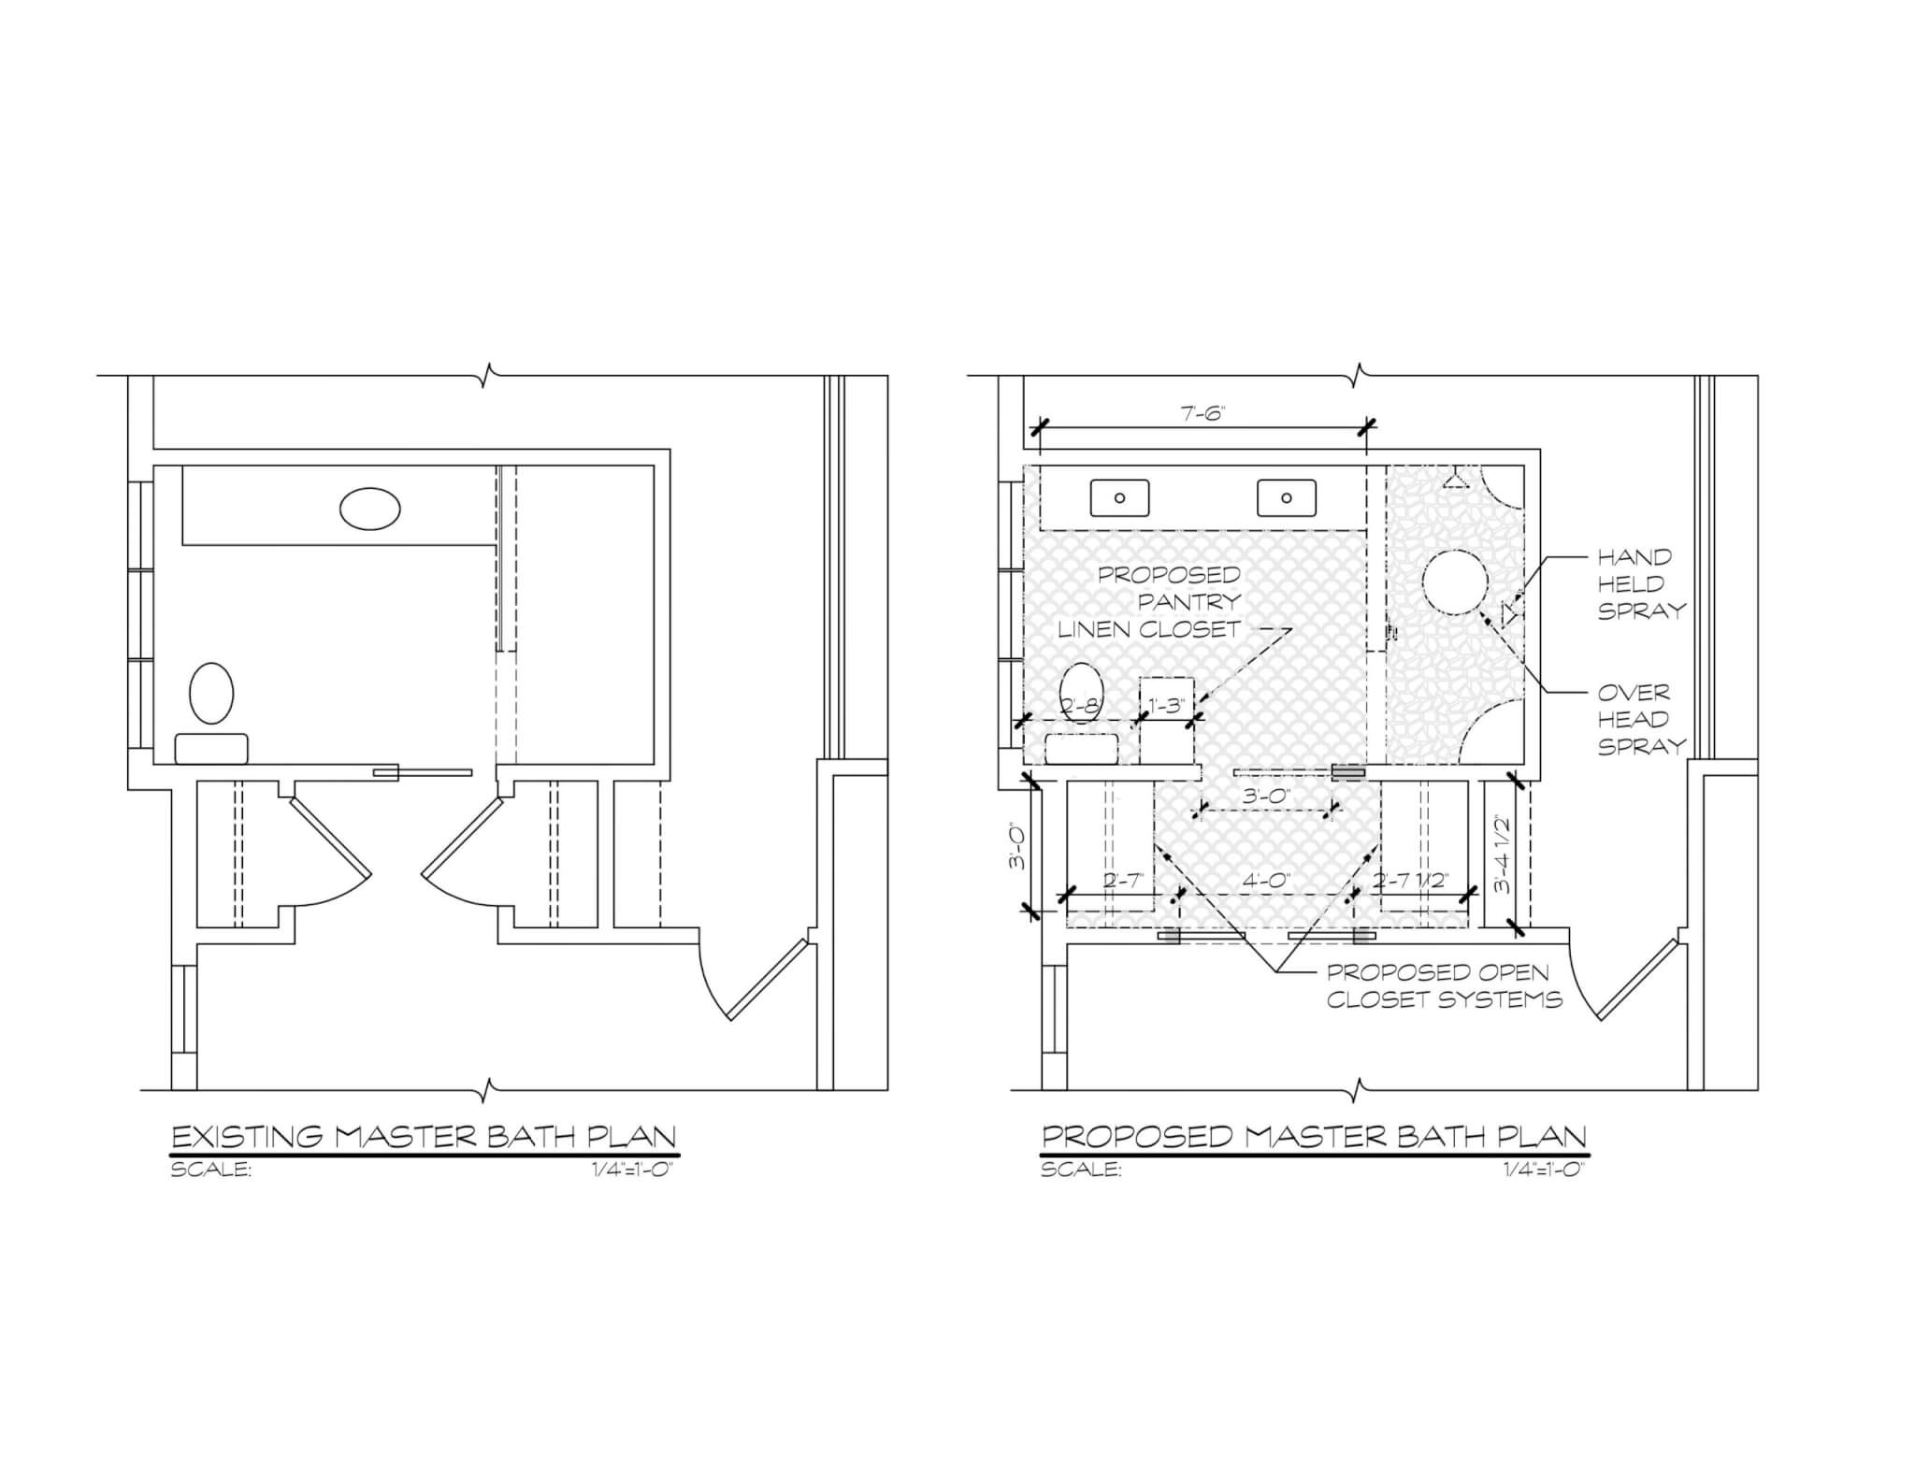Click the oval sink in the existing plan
click(370, 509)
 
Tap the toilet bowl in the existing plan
click(211, 693)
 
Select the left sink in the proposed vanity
click(1119, 497)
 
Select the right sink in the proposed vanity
click(1287, 497)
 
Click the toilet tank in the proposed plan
click(1082, 749)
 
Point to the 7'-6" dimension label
click(1202, 413)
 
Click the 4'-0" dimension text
click(1267, 880)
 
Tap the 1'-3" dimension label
click(1166, 706)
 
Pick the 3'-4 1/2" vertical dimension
click(1502, 854)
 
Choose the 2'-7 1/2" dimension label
click(1411, 880)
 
